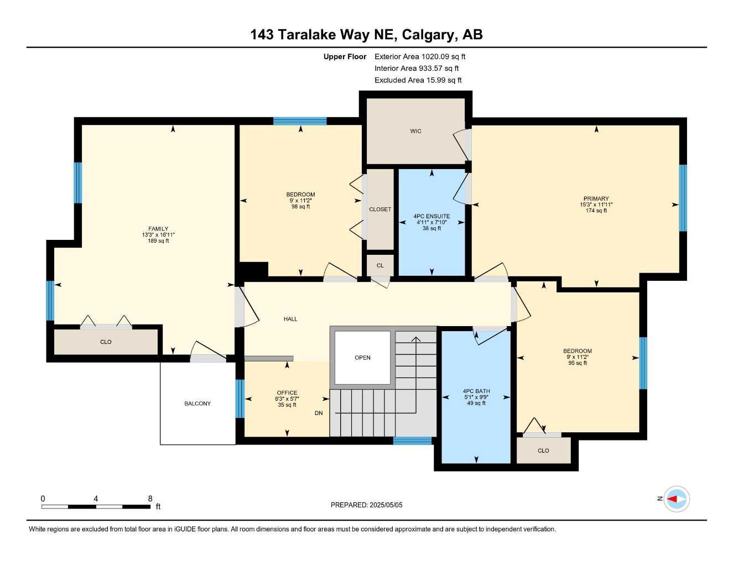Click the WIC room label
coord(415,132)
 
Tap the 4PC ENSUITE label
coord(432,216)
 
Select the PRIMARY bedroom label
coord(596,198)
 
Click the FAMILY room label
coord(158,229)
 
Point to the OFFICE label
coord(287,393)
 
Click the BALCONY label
coord(197,403)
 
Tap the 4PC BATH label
coord(476,391)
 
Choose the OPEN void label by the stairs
coord(362,358)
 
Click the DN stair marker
coord(319,413)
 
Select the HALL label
coord(290,319)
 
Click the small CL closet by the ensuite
coord(380,266)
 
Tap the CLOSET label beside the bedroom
coord(380,209)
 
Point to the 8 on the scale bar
coord(150,499)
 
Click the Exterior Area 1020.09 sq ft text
coord(420,56)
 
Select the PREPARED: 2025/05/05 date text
coord(366,505)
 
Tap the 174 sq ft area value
coord(596,211)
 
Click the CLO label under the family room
coord(106,342)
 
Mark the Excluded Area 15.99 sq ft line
coord(418,80)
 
